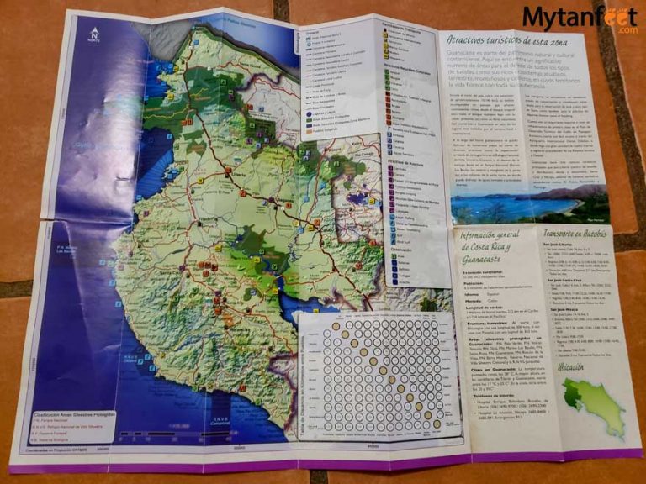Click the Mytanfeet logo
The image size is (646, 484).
pyautogui.click(x=569, y=18)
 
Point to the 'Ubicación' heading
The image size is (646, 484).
pyautogui.click(x=583, y=368)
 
